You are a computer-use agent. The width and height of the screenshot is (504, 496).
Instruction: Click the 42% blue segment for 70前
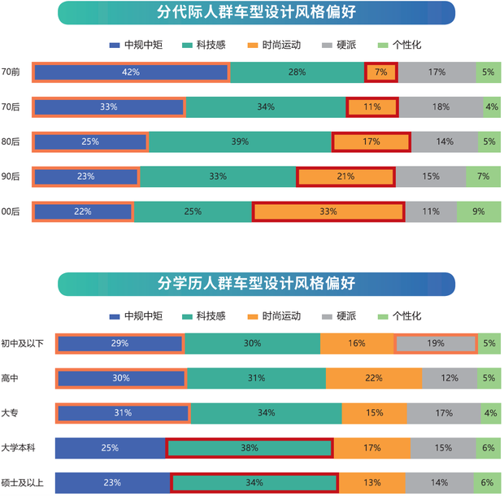131,72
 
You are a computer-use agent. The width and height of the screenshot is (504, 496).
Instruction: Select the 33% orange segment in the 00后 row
328,211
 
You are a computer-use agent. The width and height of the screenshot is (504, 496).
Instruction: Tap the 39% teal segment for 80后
240,141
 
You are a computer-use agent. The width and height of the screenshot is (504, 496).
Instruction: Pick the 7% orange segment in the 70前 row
381,72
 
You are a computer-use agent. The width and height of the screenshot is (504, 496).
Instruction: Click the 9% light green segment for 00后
478,211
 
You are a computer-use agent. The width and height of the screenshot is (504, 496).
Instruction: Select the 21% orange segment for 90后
345,176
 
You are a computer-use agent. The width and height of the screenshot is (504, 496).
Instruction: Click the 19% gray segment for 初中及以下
436,343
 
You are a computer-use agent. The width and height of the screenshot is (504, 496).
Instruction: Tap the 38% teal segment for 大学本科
250,448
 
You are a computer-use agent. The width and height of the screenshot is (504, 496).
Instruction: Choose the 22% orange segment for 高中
374,378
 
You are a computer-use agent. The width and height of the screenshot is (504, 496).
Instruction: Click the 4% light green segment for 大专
490,413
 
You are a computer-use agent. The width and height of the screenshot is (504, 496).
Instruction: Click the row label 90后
11,176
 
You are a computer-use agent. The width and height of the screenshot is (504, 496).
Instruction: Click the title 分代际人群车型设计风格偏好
256,12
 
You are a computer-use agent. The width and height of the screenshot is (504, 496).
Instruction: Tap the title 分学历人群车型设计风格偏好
256,283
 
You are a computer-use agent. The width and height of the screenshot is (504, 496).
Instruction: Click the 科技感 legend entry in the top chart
211,46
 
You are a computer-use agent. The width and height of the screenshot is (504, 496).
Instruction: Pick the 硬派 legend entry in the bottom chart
347,315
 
